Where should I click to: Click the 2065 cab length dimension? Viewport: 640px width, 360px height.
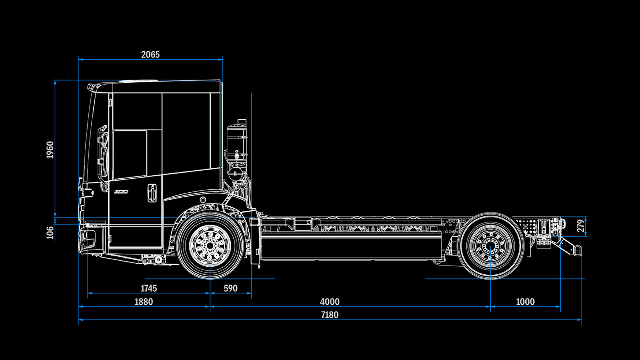(x=150, y=54)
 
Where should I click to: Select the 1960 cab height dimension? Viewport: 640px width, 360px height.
(x=50, y=150)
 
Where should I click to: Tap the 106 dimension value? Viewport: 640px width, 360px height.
(x=50, y=232)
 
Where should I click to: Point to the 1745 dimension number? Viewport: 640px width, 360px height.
(x=149, y=288)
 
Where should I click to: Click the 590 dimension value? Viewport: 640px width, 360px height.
(x=230, y=288)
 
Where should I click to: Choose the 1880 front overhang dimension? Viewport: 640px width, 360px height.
(x=144, y=302)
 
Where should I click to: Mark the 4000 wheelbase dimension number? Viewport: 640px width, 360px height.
(x=330, y=302)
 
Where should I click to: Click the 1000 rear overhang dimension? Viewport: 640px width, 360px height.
(x=525, y=302)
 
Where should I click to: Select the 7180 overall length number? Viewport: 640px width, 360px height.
(x=330, y=315)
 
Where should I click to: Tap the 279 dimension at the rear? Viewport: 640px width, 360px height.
(x=580, y=226)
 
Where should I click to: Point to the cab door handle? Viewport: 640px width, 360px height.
(x=152, y=193)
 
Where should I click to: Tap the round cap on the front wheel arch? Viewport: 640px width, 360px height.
(x=203, y=200)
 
